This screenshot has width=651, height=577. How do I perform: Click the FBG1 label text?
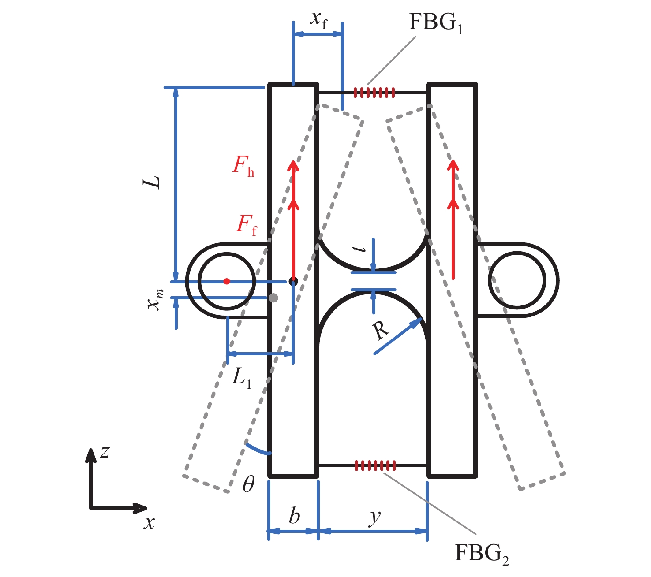[435, 22]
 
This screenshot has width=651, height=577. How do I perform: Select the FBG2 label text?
[481, 554]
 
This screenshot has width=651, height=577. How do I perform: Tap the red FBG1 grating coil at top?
[374, 93]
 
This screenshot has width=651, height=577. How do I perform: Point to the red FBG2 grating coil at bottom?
[375, 465]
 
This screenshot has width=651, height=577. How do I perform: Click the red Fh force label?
[243, 166]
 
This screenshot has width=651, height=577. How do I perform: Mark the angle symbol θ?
[249, 485]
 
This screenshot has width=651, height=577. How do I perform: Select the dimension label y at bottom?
[374, 517]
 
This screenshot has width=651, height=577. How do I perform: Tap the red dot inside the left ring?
[227, 281]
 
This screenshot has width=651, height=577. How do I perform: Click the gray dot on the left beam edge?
[273, 298]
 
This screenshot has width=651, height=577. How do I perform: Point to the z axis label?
[105, 452]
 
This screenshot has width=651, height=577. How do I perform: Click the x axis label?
[149, 523]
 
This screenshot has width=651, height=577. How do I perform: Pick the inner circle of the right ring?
[517, 280]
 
